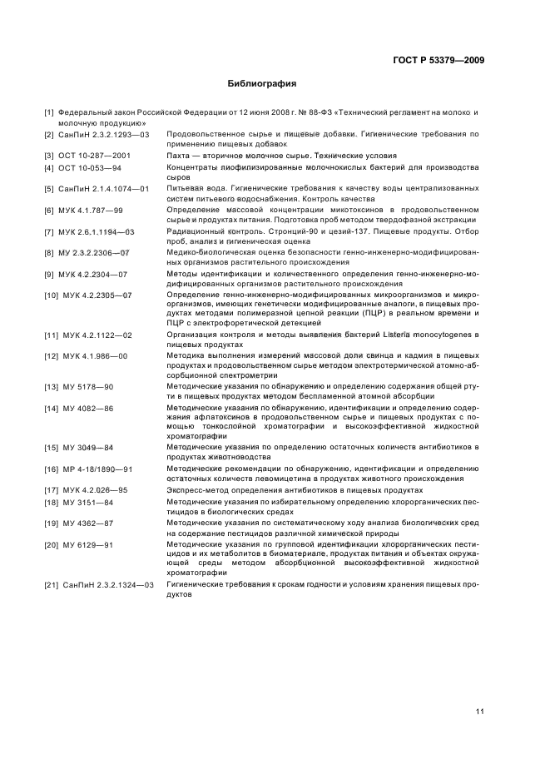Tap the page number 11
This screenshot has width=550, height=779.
tap(480, 711)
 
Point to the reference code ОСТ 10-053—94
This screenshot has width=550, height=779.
tap(92, 167)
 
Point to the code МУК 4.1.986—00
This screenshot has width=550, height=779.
tap(95, 356)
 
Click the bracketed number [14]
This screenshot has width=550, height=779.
tap(52, 409)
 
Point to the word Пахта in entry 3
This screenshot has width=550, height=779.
tap(180, 156)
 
